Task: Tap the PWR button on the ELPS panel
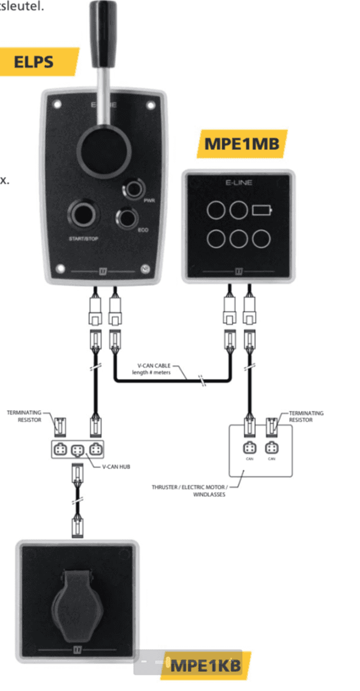click(131, 191)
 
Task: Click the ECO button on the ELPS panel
click(127, 217)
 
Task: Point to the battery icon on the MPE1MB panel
click(261, 210)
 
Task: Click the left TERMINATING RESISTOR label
click(23, 416)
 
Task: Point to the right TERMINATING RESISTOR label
click(307, 416)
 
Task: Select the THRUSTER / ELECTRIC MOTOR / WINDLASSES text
click(196, 491)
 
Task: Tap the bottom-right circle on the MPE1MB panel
click(261, 239)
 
